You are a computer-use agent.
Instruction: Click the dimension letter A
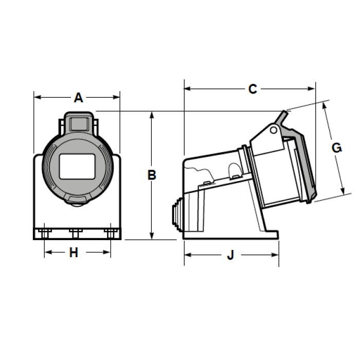point(78,98)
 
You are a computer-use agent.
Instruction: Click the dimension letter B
point(152,175)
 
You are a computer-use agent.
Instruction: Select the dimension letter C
point(253,89)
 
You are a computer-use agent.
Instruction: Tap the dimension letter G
point(336,148)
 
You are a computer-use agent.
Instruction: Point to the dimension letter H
point(74,253)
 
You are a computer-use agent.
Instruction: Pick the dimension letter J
point(230,255)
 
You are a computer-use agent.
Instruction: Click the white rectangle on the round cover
point(77,167)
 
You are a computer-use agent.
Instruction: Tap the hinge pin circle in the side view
point(274,130)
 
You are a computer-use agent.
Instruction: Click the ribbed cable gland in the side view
point(177,214)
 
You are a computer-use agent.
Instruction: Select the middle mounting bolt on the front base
point(76,233)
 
